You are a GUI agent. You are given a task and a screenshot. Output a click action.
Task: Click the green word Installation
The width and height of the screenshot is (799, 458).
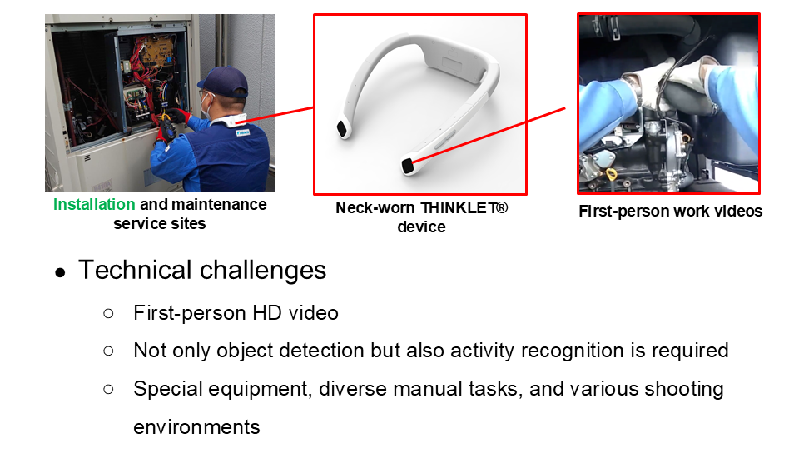tap(94, 205)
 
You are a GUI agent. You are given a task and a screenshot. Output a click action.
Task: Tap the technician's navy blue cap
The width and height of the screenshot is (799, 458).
tap(223, 82)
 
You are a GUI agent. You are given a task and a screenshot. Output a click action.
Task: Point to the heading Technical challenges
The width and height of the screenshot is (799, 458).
tap(202, 270)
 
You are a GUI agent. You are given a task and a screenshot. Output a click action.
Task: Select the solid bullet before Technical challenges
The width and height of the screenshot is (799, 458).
tap(60, 273)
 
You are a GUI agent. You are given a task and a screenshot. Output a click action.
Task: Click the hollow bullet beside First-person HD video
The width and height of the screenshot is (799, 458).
tap(108, 313)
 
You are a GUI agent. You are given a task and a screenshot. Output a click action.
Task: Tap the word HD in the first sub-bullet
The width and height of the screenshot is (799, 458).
tap(267, 313)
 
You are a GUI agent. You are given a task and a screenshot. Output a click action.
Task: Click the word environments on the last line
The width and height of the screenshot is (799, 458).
tap(196, 427)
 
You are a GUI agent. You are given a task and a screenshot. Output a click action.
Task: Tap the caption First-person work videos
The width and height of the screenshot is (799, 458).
tap(671, 212)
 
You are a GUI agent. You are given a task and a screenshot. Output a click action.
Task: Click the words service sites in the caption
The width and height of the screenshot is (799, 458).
tap(160, 224)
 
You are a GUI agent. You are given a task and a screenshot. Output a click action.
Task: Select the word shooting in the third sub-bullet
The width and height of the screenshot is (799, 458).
tap(684, 389)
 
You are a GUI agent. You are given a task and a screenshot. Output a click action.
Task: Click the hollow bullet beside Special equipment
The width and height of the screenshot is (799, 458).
tap(108, 390)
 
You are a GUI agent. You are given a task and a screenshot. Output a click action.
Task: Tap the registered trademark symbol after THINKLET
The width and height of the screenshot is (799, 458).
tap(502, 207)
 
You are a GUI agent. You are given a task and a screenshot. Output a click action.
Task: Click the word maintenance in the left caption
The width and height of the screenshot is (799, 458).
tap(219, 205)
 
